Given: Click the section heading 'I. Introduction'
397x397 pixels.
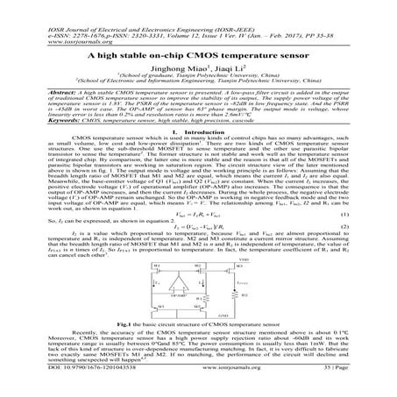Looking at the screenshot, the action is pyautogui.click(x=199, y=136).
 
